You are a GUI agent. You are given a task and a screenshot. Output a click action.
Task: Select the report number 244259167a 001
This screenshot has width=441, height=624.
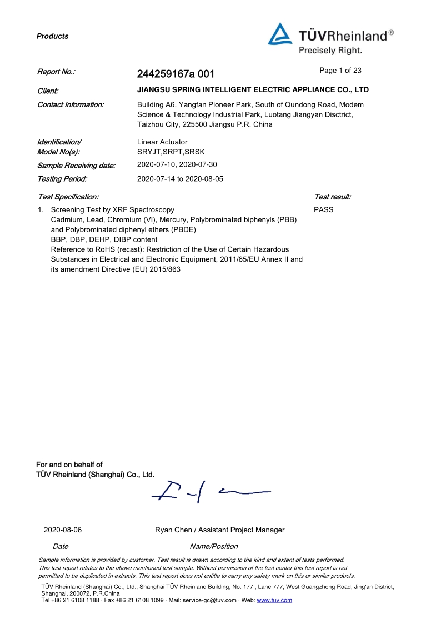[175, 74]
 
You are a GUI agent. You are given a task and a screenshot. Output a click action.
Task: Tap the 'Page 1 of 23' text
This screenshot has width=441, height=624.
[340, 71]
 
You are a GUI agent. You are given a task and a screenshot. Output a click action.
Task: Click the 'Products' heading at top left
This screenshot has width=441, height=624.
[52, 36]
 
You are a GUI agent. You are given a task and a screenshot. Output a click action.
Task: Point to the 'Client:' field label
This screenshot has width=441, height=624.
[48, 90]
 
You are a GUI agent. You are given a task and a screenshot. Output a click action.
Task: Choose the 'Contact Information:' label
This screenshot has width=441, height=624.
[70, 104]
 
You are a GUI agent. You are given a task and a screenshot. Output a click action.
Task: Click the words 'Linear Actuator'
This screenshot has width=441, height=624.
[162, 142]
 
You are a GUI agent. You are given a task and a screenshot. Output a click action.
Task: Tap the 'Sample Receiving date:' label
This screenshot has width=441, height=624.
[76, 166]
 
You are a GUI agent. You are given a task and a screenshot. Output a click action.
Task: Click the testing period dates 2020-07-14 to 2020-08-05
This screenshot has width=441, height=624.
[180, 179]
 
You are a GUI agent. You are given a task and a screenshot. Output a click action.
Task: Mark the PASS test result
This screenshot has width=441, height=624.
[323, 210]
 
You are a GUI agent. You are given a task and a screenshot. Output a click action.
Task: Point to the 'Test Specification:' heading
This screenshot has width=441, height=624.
[68, 197]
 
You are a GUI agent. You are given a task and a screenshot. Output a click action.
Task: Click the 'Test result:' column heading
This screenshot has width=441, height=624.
[332, 197]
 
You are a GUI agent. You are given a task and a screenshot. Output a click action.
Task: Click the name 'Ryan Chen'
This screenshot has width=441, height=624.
[173, 530]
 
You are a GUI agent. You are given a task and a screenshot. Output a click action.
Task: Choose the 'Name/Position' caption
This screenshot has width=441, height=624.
[214, 547]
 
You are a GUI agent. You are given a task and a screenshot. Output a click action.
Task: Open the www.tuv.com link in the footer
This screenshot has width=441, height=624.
[274, 600]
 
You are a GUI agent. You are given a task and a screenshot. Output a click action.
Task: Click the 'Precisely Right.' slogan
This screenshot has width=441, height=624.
[330, 51]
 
